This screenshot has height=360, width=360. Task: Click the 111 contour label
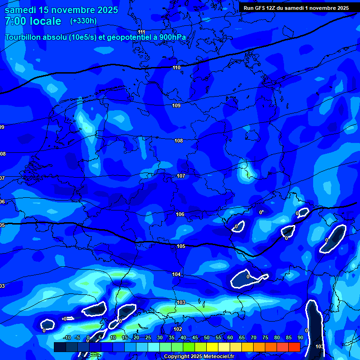(x=142, y=32)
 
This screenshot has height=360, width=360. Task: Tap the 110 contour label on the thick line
(x=176, y=67)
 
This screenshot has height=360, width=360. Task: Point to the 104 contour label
(x=176, y=274)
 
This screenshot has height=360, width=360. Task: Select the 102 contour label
(x=178, y=330)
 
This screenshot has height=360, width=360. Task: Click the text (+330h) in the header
(x=83, y=21)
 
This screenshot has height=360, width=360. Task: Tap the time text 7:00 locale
(x=33, y=21)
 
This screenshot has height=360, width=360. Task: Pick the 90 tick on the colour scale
(x=300, y=338)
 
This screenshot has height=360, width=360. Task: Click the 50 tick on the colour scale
(x=207, y=338)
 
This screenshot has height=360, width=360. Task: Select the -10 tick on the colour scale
(x=67, y=338)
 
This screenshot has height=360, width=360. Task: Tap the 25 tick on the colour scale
(x=148, y=338)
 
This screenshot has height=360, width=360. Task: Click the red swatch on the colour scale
(x=294, y=347)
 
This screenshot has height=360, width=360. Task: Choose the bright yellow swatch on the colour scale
(x=212, y=347)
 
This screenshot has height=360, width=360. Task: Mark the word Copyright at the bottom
(x=178, y=356)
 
